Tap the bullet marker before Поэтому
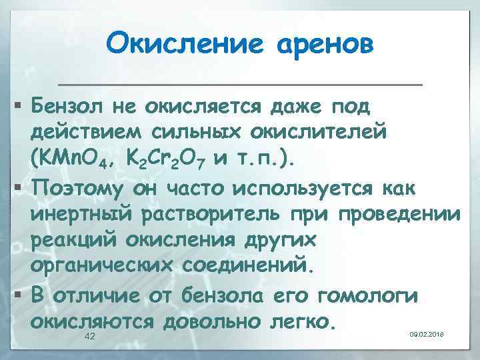pos(18,188)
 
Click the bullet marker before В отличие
pos(18,295)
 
